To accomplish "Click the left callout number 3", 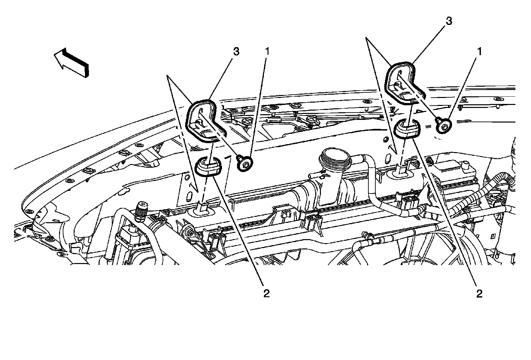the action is click(236, 51).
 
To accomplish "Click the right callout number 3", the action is click(449, 21).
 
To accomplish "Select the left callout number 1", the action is click(267, 51).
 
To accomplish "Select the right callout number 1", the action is click(480, 51).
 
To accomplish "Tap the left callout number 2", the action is click(266, 294).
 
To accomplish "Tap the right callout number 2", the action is click(479, 294).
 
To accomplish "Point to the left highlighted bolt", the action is click(245, 163).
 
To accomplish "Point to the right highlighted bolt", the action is click(443, 125).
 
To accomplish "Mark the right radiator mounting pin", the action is click(403, 170).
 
